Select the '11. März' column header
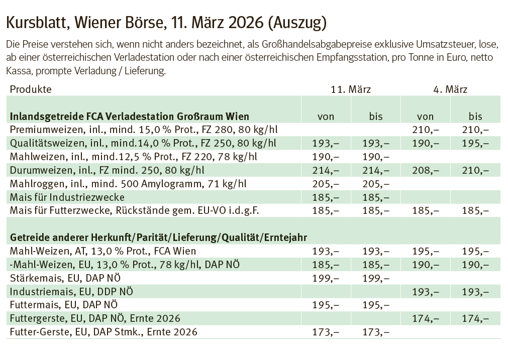coord(350,90)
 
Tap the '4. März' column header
coord(450,90)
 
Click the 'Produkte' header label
coord(31,90)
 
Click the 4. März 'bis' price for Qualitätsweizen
coord(475,143)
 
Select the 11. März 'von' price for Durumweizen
coord(326,170)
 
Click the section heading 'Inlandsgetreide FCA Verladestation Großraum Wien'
coord(130,116)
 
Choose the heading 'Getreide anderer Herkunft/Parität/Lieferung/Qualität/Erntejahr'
coord(159,237)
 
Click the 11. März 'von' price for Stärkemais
coord(326,278)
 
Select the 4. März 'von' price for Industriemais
coord(426,291)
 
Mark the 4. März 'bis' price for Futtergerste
coord(475,318)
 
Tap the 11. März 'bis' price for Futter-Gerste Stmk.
coord(375,332)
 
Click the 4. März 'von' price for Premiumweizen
coord(426,130)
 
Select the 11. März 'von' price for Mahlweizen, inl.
coord(326,157)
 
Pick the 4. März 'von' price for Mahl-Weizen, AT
coord(426,251)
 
